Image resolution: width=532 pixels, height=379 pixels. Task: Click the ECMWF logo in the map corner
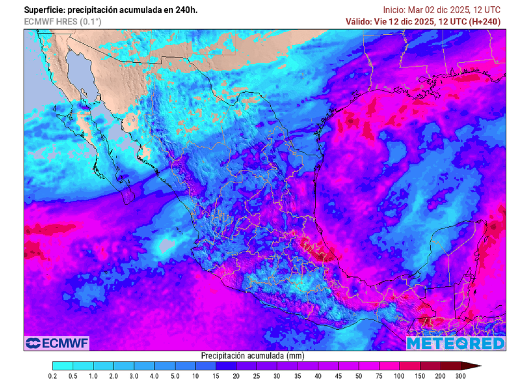coord(57,343)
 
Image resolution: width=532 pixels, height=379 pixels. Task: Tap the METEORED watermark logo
coord(456,344)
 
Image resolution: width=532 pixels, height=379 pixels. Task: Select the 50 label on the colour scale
coord(359,375)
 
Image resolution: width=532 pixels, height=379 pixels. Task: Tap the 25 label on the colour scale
coord(257,375)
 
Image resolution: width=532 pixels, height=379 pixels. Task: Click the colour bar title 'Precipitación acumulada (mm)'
coord(252,356)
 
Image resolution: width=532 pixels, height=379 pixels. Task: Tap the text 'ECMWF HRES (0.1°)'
coord(62,21)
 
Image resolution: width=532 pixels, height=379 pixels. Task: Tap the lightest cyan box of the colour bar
coord(63,365)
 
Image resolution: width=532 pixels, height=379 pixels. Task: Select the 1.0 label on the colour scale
coord(94,375)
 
